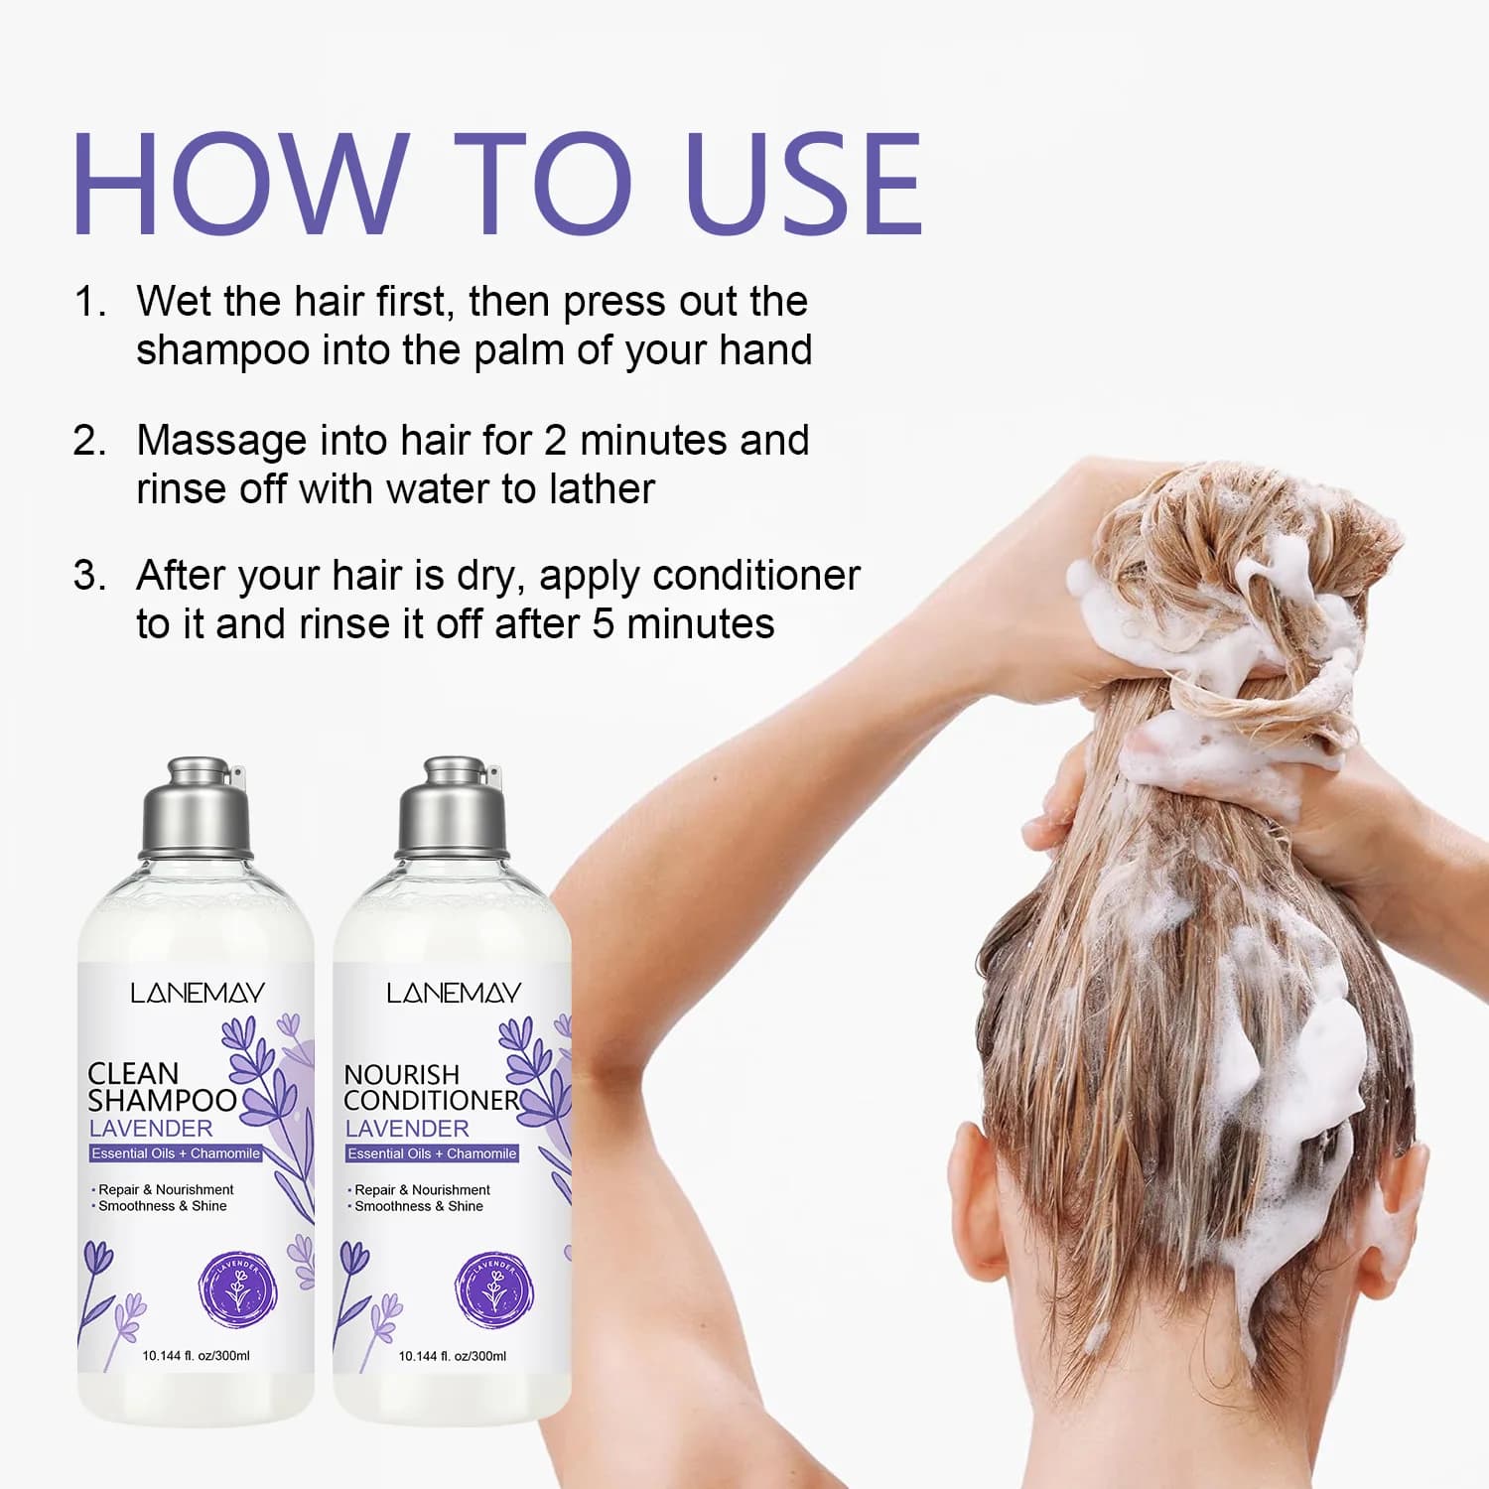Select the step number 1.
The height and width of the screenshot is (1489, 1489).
89,302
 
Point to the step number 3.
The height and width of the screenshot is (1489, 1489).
89,576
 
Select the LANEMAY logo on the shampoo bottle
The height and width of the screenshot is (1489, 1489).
198,993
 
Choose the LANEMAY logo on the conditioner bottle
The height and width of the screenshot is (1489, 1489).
454,993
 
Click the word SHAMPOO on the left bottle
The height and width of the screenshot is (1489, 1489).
162,1101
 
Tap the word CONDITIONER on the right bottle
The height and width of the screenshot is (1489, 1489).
432,1101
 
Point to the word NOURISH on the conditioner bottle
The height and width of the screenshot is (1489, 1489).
402,1075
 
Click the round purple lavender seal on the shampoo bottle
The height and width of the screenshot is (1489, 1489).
237,1290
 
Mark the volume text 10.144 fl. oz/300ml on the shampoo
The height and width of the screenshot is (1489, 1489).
196,1356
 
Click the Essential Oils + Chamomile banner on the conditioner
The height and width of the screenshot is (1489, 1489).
432,1153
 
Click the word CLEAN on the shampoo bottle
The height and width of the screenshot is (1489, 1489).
133,1074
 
